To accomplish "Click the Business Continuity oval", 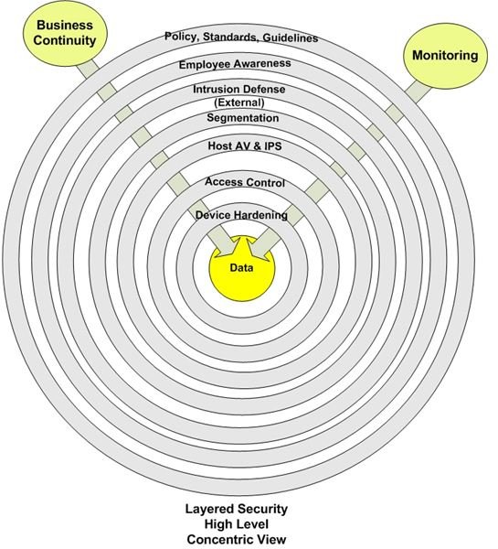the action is click(x=65, y=34).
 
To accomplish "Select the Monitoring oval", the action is click(x=445, y=56).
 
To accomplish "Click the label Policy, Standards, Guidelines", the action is click(x=241, y=38).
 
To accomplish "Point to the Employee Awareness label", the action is click(x=235, y=64).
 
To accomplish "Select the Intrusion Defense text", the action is click(x=239, y=90).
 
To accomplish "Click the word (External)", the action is click(x=239, y=102).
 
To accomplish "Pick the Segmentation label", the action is click(x=243, y=118).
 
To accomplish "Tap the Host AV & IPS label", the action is click(x=245, y=145).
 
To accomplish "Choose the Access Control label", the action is click(x=245, y=182).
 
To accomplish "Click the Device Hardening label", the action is click(x=241, y=215).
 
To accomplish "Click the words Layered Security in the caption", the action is click(x=237, y=509).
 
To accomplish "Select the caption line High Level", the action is click(x=237, y=524).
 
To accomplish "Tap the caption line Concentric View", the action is click(x=237, y=540).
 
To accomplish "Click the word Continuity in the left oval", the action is click(x=65, y=40).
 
